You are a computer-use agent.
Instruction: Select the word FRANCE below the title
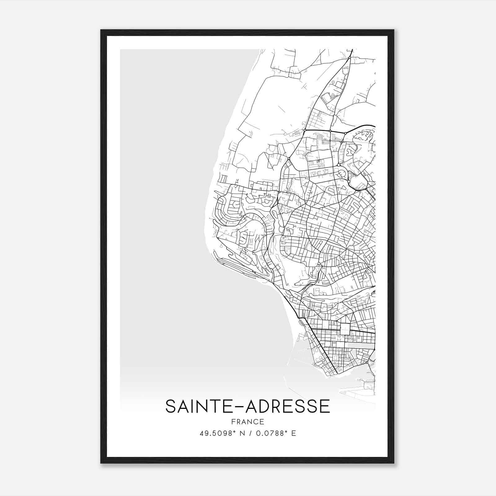(247, 422)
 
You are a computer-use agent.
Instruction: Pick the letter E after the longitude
(294, 433)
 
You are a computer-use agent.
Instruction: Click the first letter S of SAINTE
(170, 406)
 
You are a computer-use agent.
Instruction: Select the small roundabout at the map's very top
(350, 58)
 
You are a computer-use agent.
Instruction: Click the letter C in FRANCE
(258, 422)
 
